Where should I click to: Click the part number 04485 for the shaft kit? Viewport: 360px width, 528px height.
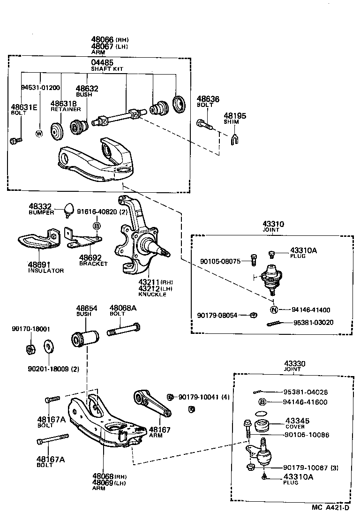pos(102,62)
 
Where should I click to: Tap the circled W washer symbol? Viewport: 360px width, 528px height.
pos(39,133)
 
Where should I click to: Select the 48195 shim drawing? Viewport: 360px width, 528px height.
pos(235,139)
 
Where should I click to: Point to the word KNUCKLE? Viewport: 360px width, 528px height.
pos(152,294)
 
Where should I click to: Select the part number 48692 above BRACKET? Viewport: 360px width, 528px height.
pos(90,257)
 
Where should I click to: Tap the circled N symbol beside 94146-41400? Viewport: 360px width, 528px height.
pos(274,309)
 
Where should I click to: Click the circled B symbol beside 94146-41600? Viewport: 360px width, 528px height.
pos(262,402)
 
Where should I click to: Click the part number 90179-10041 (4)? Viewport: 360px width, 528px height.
pos(204,397)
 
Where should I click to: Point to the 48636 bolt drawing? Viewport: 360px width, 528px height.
pos(204,125)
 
